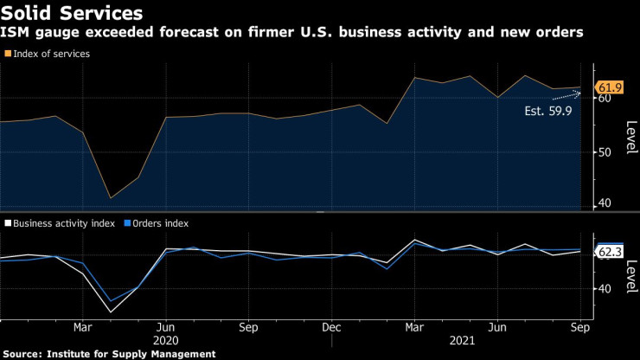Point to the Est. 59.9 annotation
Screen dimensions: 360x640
coord(548,111)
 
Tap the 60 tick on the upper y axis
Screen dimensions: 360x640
coord(605,99)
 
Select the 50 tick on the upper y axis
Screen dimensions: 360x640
coord(605,151)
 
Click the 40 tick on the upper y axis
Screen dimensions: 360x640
coord(605,203)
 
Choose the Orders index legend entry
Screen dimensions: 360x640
coord(161,222)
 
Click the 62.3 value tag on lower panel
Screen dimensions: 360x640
coord(609,252)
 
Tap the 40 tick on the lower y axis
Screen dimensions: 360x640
coord(605,288)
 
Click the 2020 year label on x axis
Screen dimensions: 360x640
coord(165,341)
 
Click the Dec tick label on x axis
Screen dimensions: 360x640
coord(330,328)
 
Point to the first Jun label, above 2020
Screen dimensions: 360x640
coord(165,328)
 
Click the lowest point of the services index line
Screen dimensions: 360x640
coord(110,198)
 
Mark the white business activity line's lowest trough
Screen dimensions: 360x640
coord(110,312)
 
